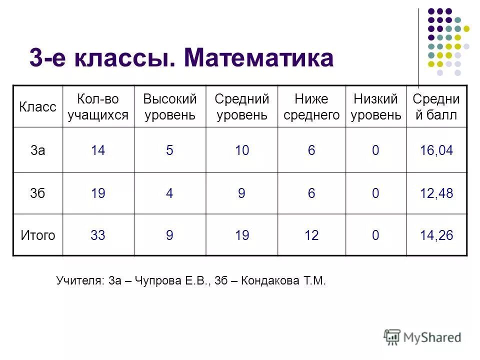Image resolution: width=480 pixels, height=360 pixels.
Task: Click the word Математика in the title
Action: (x=258, y=58)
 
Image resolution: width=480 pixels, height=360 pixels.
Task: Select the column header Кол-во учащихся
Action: (x=98, y=106)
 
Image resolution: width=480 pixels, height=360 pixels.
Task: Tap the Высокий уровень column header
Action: (x=169, y=106)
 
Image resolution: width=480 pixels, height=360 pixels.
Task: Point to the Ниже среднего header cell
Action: (x=311, y=106)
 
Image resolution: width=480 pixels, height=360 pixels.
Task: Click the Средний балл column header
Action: (x=436, y=106)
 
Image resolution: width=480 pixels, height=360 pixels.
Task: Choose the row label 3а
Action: (x=37, y=150)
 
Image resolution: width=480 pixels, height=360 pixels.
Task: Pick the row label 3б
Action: (x=37, y=193)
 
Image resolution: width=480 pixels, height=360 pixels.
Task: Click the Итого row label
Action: (x=37, y=235)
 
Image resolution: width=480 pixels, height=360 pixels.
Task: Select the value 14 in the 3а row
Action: (x=98, y=150)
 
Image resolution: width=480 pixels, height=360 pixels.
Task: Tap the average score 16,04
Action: (x=436, y=150)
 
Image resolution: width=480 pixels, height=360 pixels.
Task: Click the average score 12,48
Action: (x=436, y=193)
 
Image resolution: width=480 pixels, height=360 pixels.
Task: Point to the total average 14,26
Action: (x=436, y=235)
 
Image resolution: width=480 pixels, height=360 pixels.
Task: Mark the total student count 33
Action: (x=98, y=235)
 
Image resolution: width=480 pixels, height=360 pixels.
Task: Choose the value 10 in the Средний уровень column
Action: (x=242, y=150)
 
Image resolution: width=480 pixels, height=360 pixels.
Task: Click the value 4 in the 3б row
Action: (x=169, y=193)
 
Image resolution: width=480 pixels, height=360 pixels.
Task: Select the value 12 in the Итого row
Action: (x=311, y=235)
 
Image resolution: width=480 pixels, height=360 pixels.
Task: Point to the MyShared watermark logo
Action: (x=422, y=337)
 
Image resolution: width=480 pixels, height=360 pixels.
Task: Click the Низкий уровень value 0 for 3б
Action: (x=375, y=193)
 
